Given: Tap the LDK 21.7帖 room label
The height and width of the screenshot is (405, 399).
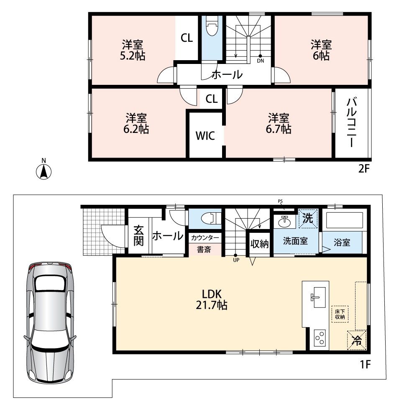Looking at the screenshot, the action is pos(212,300).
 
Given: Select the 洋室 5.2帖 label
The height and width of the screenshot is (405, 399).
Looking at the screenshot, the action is pos(133,51).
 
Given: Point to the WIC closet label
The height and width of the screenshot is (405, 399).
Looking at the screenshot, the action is pos(205,135).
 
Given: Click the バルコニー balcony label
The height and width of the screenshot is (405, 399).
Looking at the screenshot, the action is pos(351,122).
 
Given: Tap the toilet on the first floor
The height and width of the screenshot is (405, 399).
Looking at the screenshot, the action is pos(213,219).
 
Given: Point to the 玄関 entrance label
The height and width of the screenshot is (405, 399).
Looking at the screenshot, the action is pos(138,236).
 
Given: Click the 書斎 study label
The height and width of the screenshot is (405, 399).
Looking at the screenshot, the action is pos(204,250).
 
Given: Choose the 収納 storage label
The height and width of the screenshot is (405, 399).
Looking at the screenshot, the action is pos(259,244).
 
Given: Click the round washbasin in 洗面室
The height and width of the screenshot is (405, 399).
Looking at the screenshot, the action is pos(285,222).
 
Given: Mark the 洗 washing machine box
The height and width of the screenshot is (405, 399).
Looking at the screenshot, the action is pos(308,219).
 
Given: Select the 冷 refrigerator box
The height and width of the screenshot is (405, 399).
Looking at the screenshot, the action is pos(357,340).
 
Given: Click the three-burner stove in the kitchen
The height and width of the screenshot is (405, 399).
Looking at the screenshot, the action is pos(320,338).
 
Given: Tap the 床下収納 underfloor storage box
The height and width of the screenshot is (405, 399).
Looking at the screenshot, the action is pos(340,314).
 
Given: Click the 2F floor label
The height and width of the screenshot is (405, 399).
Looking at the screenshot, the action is pos(364,169).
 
